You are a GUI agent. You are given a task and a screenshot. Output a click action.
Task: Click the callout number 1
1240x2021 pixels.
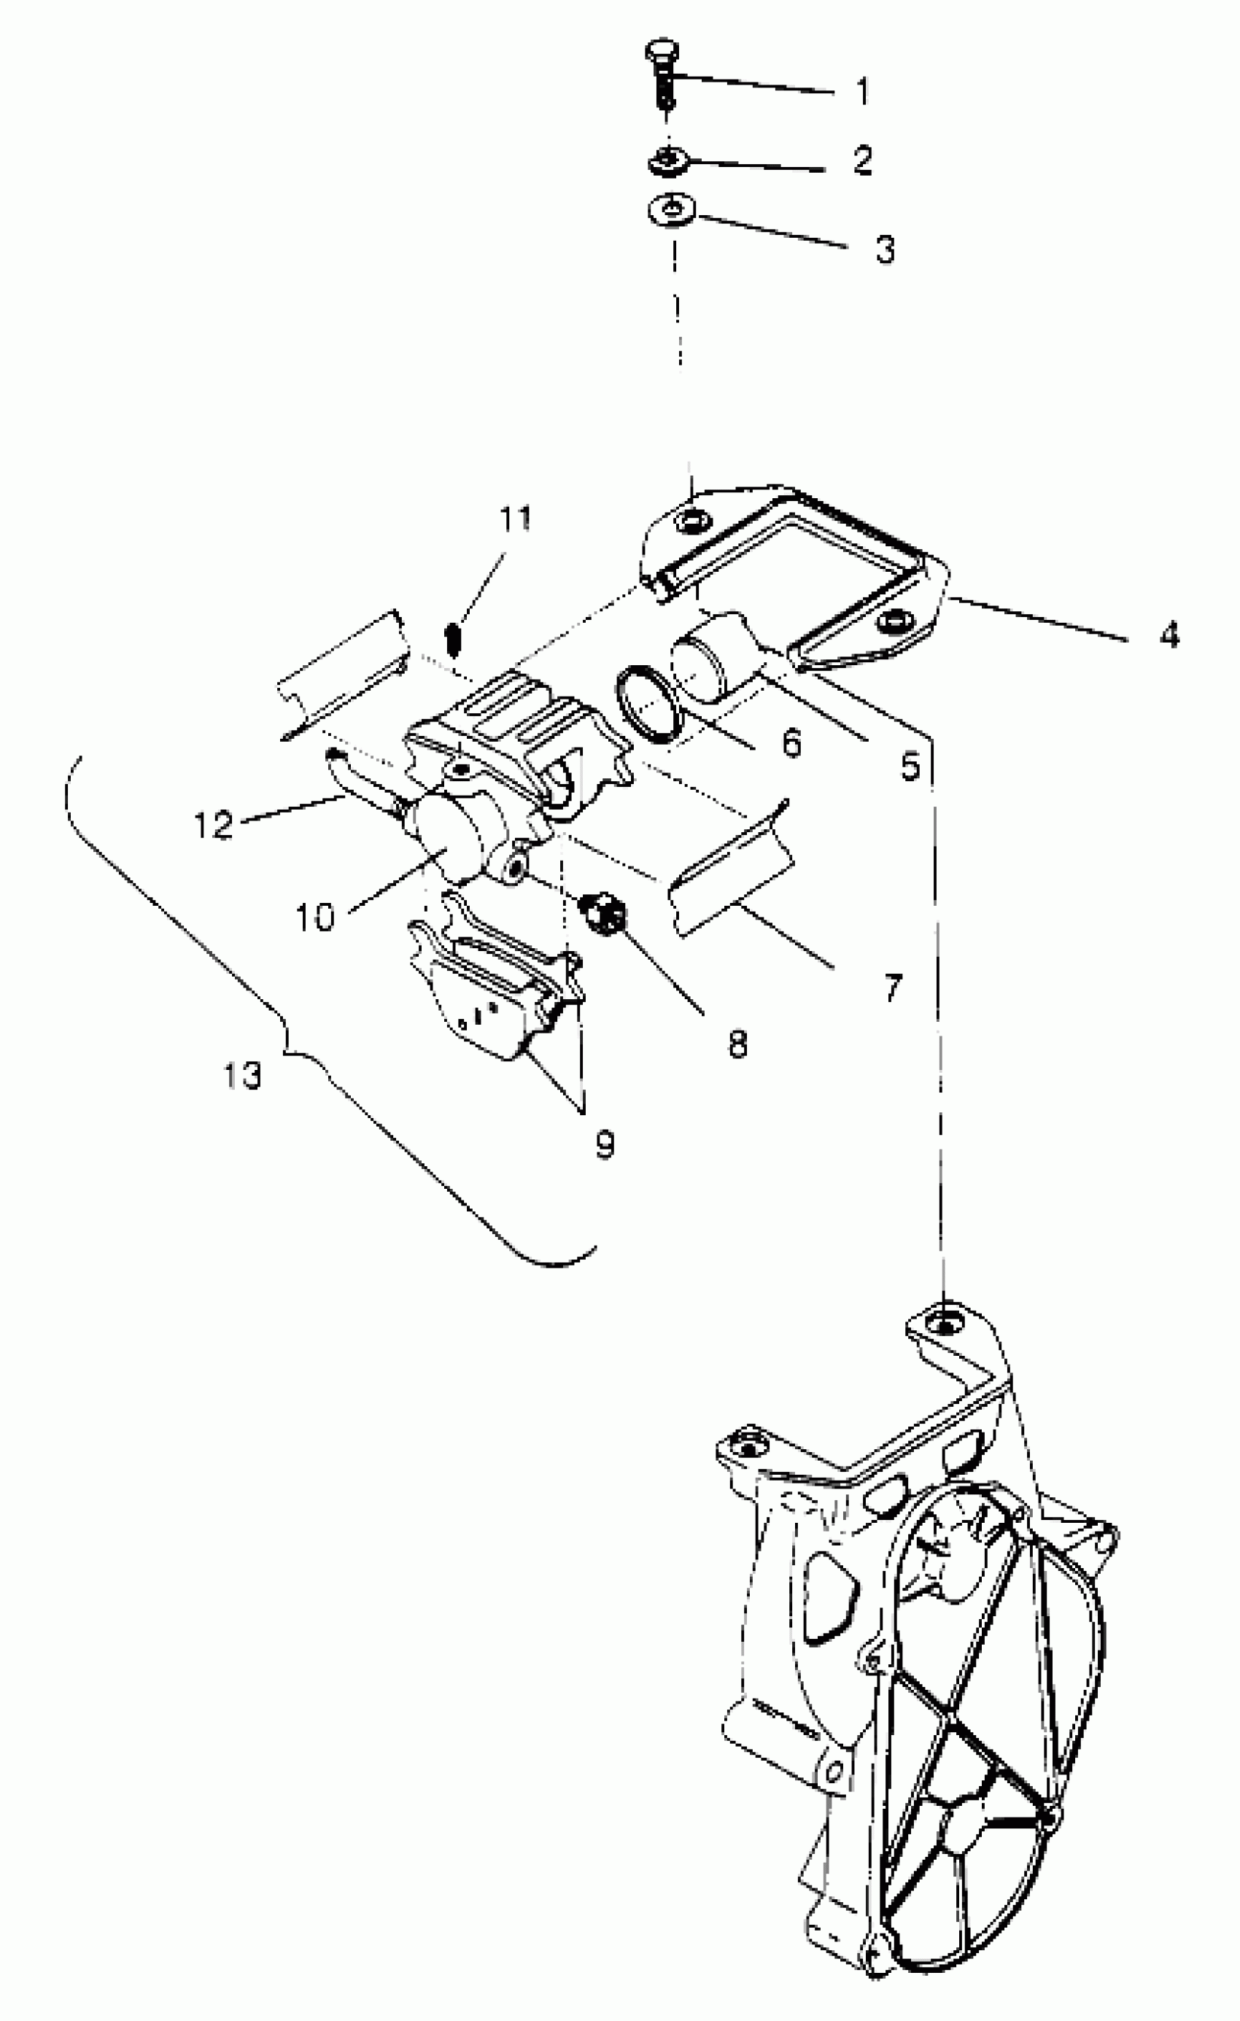[x=861, y=91]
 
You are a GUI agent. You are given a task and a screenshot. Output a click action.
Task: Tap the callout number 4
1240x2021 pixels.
[x=1169, y=634]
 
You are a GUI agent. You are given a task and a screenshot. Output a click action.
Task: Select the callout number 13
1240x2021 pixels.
[x=243, y=1074]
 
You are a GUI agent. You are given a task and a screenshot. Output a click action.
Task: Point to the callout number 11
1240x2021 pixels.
[x=516, y=519]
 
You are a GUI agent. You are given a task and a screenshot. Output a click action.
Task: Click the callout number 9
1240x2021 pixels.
[x=605, y=1144]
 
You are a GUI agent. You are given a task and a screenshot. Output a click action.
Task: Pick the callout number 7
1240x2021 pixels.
[x=893, y=987]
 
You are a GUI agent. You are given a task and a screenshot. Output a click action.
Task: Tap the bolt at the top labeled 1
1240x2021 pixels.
[x=662, y=73]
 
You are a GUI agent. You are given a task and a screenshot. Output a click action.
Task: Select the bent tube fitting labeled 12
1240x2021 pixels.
[x=352, y=779]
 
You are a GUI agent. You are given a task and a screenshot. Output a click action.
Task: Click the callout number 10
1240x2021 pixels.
[x=315, y=916]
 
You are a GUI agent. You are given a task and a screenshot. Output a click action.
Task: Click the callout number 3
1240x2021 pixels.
[x=884, y=249]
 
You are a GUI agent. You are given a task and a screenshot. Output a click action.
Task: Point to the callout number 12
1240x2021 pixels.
[x=213, y=823]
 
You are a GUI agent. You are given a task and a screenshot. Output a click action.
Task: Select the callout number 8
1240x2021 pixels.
[x=737, y=1044]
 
